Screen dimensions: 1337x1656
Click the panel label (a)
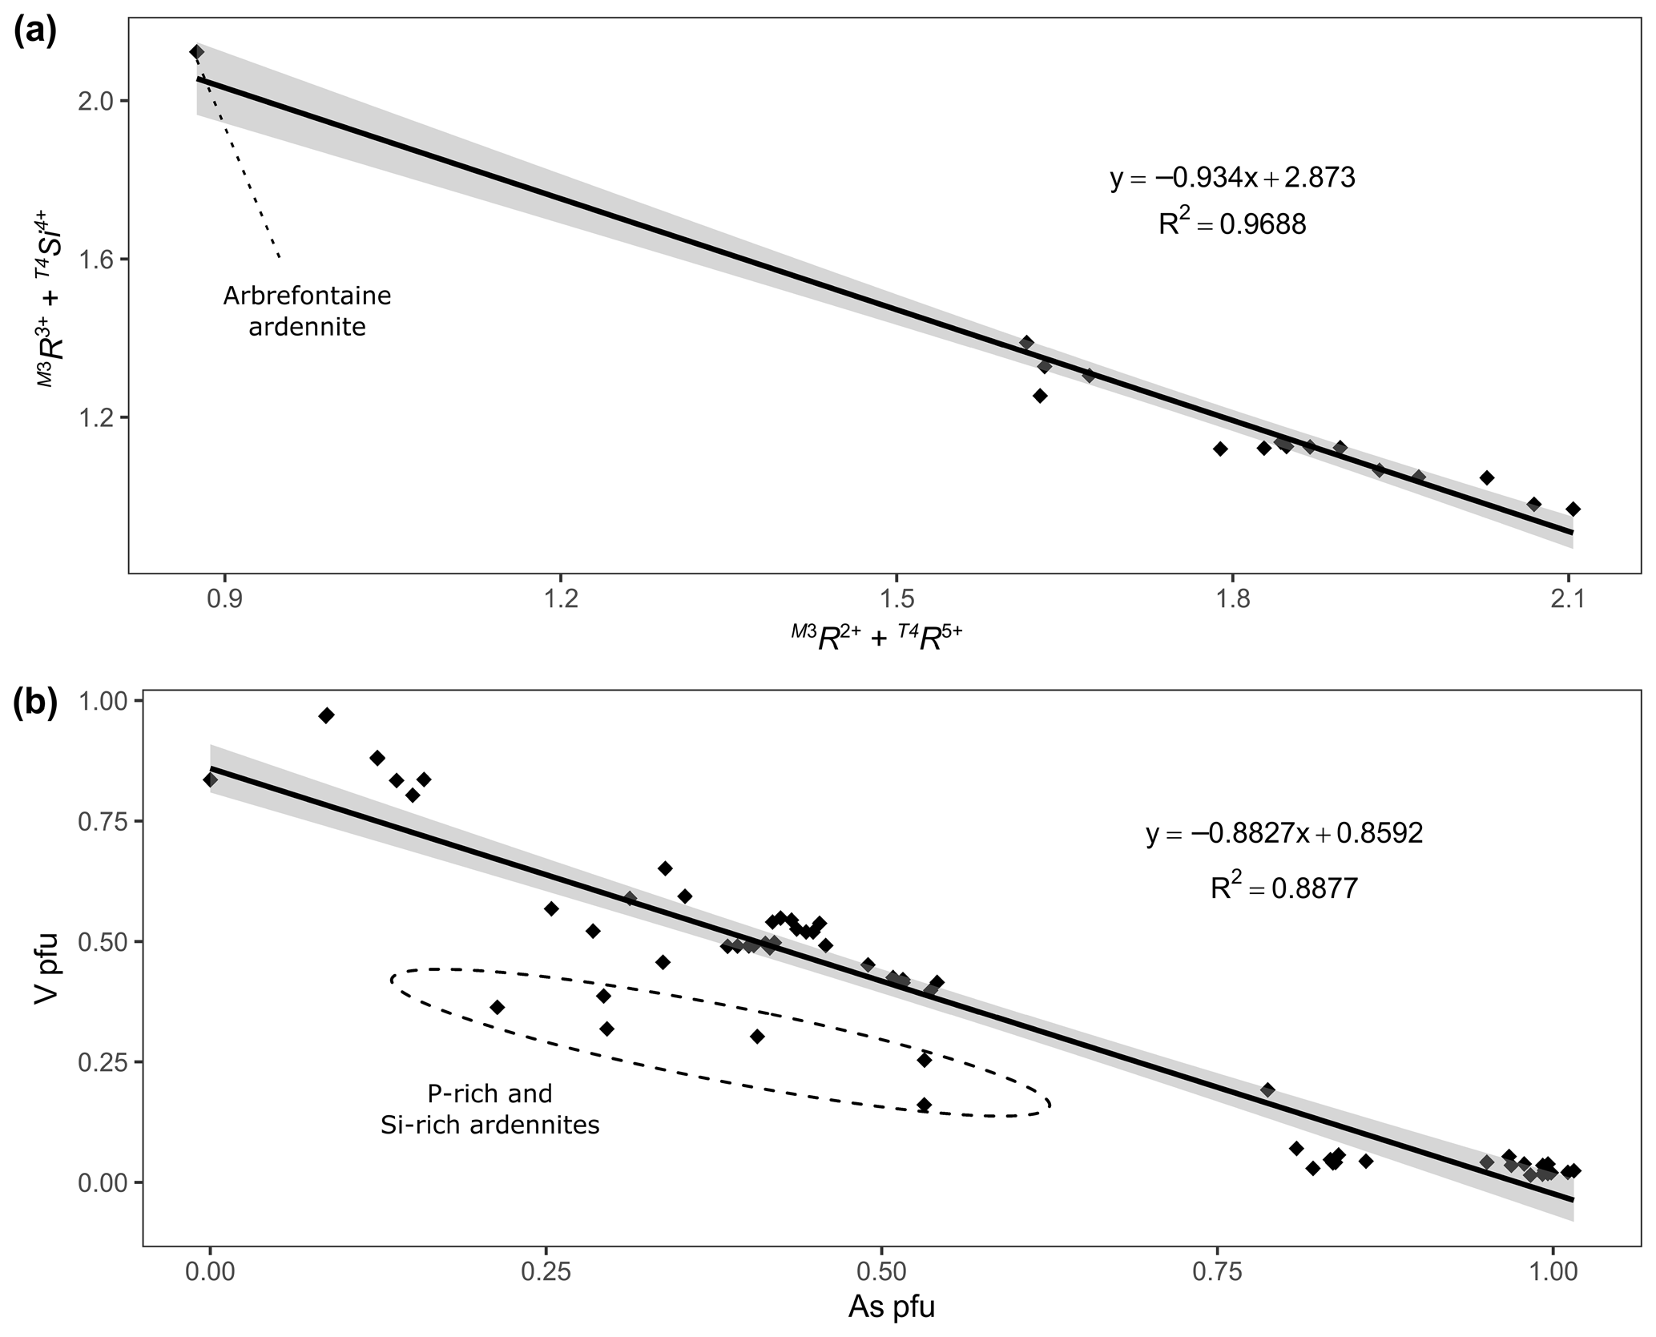click(x=34, y=34)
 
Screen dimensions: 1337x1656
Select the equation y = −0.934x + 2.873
click(x=1231, y=177)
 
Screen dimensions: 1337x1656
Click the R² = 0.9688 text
click(x=1231, y=225)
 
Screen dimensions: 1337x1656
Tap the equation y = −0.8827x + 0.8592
click(x=1283, y=833)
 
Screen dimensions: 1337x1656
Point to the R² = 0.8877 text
click(x=1283, y=888)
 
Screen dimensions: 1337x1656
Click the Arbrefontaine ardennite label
click(x=307, y=312)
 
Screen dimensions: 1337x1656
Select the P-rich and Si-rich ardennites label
click(x=490, y=1109)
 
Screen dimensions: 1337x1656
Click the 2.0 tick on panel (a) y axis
click(x=103, y=101)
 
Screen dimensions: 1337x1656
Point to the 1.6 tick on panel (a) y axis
click(x=103, y=260)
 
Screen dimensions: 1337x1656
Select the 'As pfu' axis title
click(x=891, y=1307)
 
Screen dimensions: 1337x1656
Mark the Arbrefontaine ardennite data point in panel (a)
click(x=197, y=52)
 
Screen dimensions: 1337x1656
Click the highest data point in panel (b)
click(x=326, y=715)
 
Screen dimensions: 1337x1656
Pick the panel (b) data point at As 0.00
click(x=210, y=779)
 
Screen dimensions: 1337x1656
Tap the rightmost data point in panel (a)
click(x=1573, y=509)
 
